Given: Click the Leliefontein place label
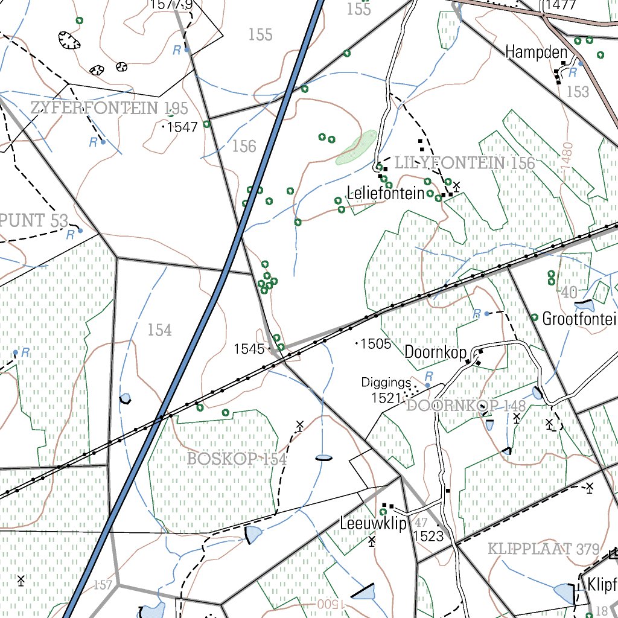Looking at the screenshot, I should (385, 194).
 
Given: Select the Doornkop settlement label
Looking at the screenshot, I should (433, 352).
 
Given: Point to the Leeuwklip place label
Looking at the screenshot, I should (373, 523).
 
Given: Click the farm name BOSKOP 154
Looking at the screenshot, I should (236, 459).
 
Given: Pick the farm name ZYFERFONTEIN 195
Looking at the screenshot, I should (109, 109).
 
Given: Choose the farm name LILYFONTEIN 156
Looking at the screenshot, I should (464, 163).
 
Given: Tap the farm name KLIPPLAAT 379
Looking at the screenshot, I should (543, 549).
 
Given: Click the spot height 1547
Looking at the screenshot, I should (182, 127).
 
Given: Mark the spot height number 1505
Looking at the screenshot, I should (377, 344).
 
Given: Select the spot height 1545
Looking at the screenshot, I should (249, 349).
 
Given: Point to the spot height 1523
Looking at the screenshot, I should (428, 537).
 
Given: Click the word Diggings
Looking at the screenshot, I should (386, 382).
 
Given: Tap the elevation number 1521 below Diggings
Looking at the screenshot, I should (387, 398).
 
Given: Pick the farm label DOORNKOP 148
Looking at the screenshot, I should (465, 406).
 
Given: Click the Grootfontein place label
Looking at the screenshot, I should (579, 319).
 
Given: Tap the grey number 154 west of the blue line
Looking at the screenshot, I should (159, 330).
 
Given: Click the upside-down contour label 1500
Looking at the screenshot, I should (328, 604).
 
